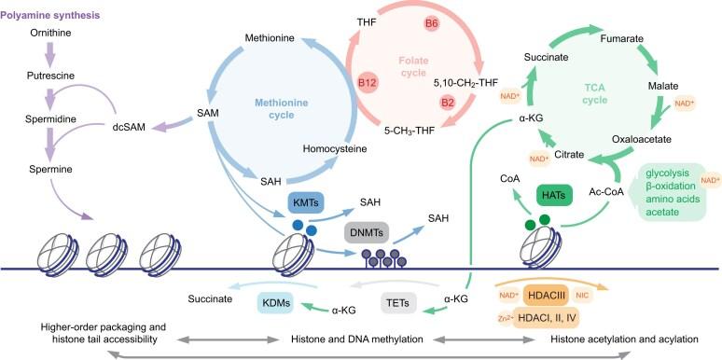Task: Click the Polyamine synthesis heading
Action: (54, 16)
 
